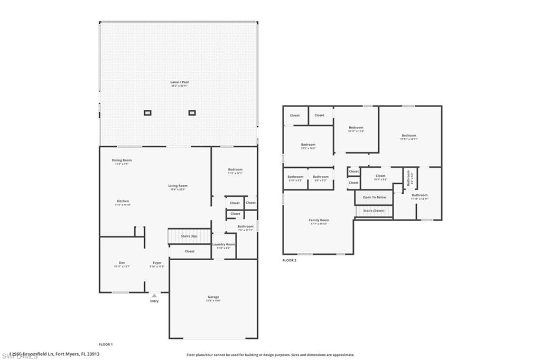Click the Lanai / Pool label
(x=179, y=82)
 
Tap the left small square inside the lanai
(x=147, y=112)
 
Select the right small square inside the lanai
(x=192, y=112)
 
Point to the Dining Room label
(x=122, y=160)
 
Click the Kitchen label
(x=123, y=201)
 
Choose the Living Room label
(x=178, y=186)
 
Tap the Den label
(x=122, y=263)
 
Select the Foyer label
(x=157, y=263)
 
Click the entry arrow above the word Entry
(x=154, y=296)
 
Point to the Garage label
(x=213, y=297)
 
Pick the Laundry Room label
(x=223, y=244)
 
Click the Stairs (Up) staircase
(x=189, y=236)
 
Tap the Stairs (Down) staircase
(x=374, y=211)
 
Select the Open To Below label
(x=374, y=197)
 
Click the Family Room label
(x=319, y=220)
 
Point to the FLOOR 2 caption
(x=290, y=260)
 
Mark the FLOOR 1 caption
(x=106, y=344)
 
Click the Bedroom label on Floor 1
(x=235, y=169)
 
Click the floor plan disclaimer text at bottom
(x=270, y=355)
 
